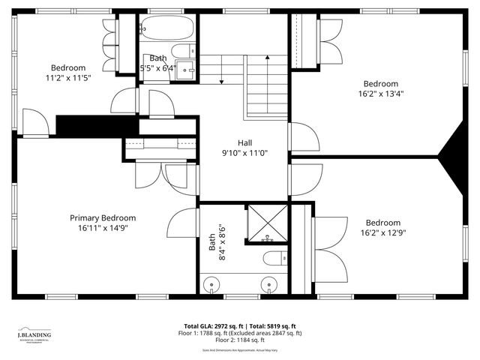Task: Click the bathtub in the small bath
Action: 166,29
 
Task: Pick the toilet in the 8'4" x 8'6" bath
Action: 274,259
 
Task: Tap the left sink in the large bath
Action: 213,286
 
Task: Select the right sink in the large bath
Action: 268,286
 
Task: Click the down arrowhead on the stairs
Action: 222,82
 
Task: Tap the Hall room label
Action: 245,142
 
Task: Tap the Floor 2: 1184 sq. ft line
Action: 240,340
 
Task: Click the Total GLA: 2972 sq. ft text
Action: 209,326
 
